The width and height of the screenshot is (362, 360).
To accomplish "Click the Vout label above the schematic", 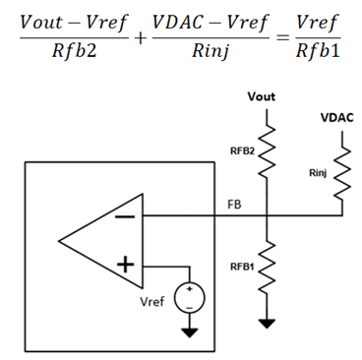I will [262, 97].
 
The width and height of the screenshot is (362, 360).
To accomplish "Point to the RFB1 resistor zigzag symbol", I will [263, 267].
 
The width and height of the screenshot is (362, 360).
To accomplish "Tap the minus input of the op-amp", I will [125, 218].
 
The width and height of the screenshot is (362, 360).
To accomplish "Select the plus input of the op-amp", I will [125, 265].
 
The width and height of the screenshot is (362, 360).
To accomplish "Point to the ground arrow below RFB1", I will [263, 323].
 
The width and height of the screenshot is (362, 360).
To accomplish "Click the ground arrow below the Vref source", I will [187, 331].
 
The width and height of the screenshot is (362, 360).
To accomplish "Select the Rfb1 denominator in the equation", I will [317, 51].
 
